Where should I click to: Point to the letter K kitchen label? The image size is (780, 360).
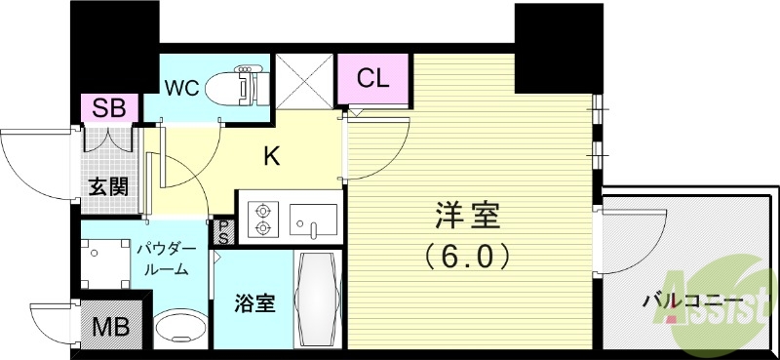[x=274, y=153]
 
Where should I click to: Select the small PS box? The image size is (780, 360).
[x=223, y=231]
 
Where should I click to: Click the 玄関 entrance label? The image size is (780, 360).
[x=107, y=186]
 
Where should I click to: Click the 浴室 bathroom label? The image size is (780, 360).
[x=252, y=303]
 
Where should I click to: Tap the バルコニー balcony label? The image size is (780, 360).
[x=692, y=300]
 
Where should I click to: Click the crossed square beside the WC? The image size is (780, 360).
[x=304, y=81]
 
